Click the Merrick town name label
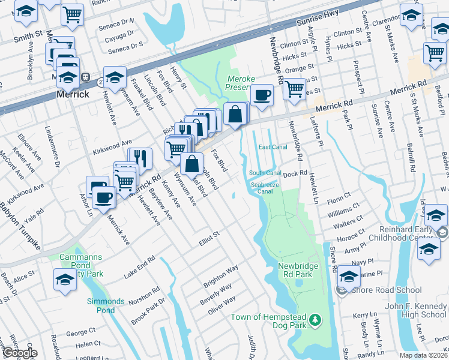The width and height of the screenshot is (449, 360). [x=73, y=95]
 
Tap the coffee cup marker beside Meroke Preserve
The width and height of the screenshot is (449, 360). [x=262, y=95]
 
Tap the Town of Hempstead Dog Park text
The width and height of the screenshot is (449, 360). [x=269, y=317]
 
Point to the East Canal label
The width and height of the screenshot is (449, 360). [x=273, y=147]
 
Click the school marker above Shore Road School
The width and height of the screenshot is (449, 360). [x=349, y=276]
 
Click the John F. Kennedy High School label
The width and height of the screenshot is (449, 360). [x=415, y=310]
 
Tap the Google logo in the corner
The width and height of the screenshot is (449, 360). [x=19, y=353]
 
